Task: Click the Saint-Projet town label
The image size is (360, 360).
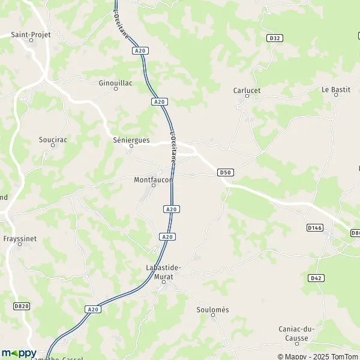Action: click(31, 35)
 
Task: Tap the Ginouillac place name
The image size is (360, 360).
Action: click(116, 82)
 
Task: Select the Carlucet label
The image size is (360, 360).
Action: click(246, 90)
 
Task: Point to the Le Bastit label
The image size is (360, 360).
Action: click(335, 89)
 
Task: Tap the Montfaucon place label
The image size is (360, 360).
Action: click(154, 179)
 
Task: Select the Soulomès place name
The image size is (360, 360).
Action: click(213, 310)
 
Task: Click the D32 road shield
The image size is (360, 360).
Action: click(274, 38)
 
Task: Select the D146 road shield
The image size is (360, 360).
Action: click(314, 228)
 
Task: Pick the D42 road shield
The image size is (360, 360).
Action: click(317, 278)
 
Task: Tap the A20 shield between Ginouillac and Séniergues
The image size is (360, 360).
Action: click(159, 102)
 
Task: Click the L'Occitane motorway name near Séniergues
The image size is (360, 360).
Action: click(174, 147)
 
